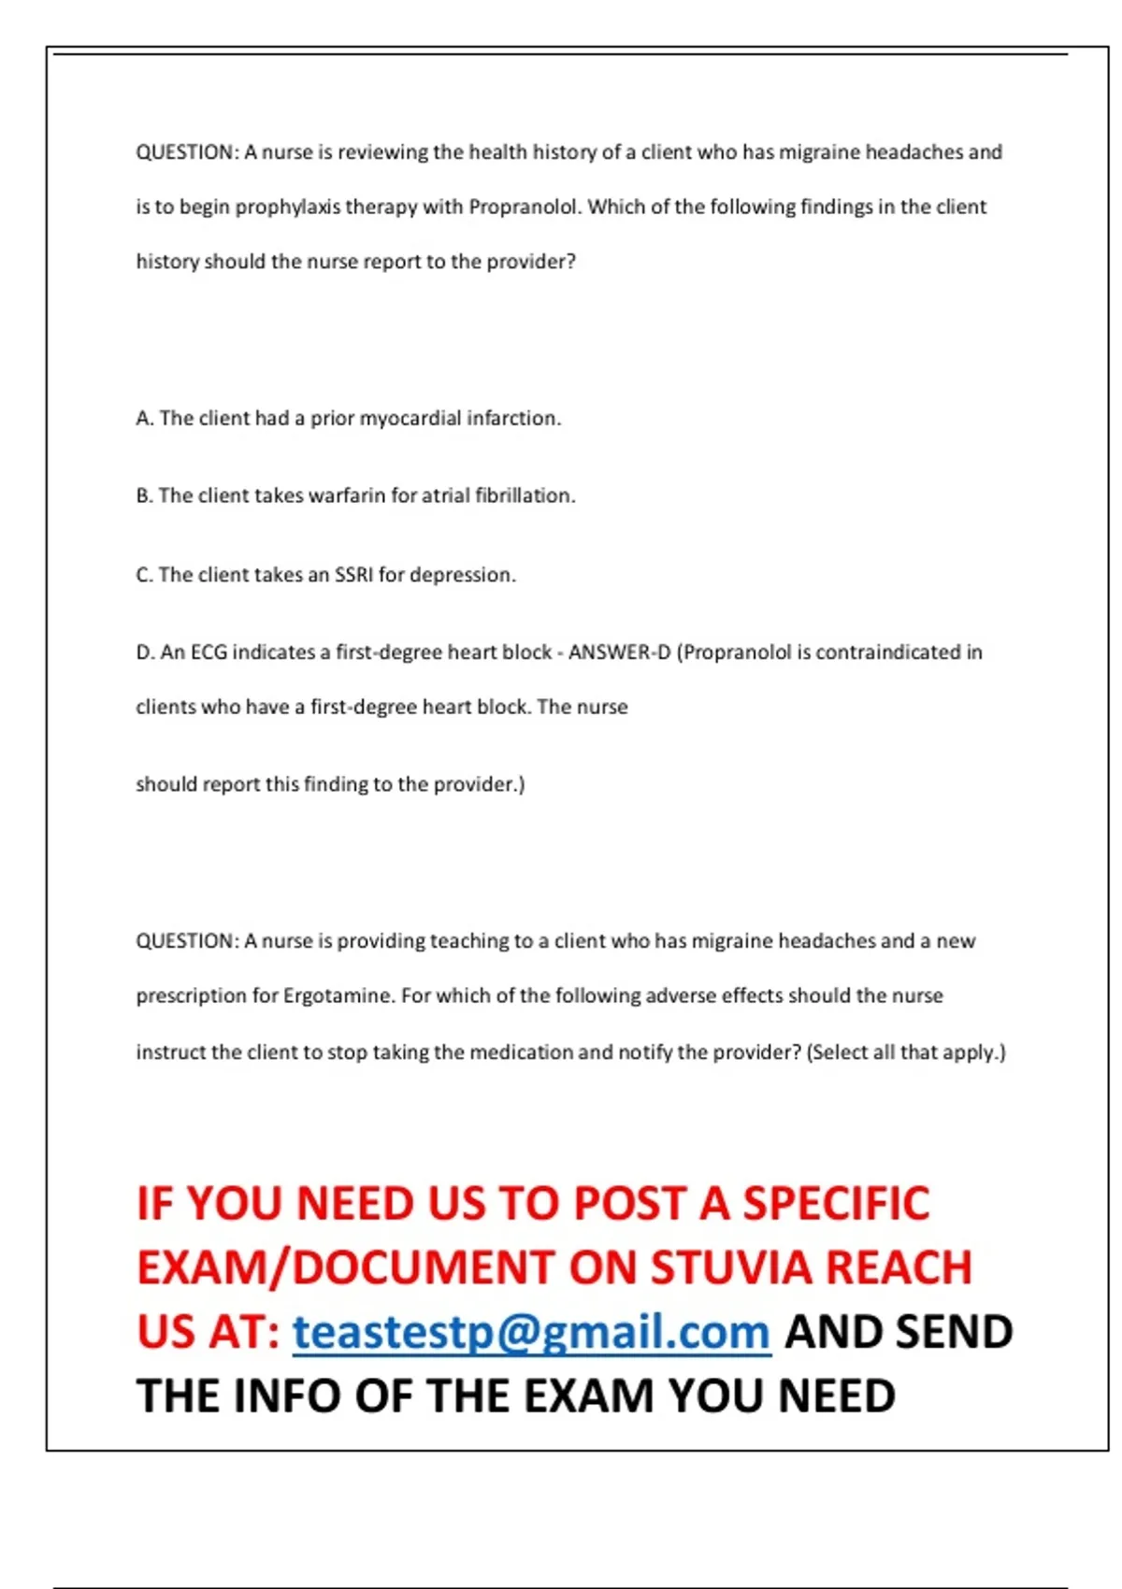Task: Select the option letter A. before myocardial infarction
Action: (145, 418)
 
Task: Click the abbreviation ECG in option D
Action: (209, 652)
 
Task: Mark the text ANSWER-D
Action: (619, 652)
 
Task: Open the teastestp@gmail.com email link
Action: (531, 1332)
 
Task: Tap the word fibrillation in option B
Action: (525, 495)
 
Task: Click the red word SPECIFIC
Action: (836, 1203)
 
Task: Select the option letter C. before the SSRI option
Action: (145, 574)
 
